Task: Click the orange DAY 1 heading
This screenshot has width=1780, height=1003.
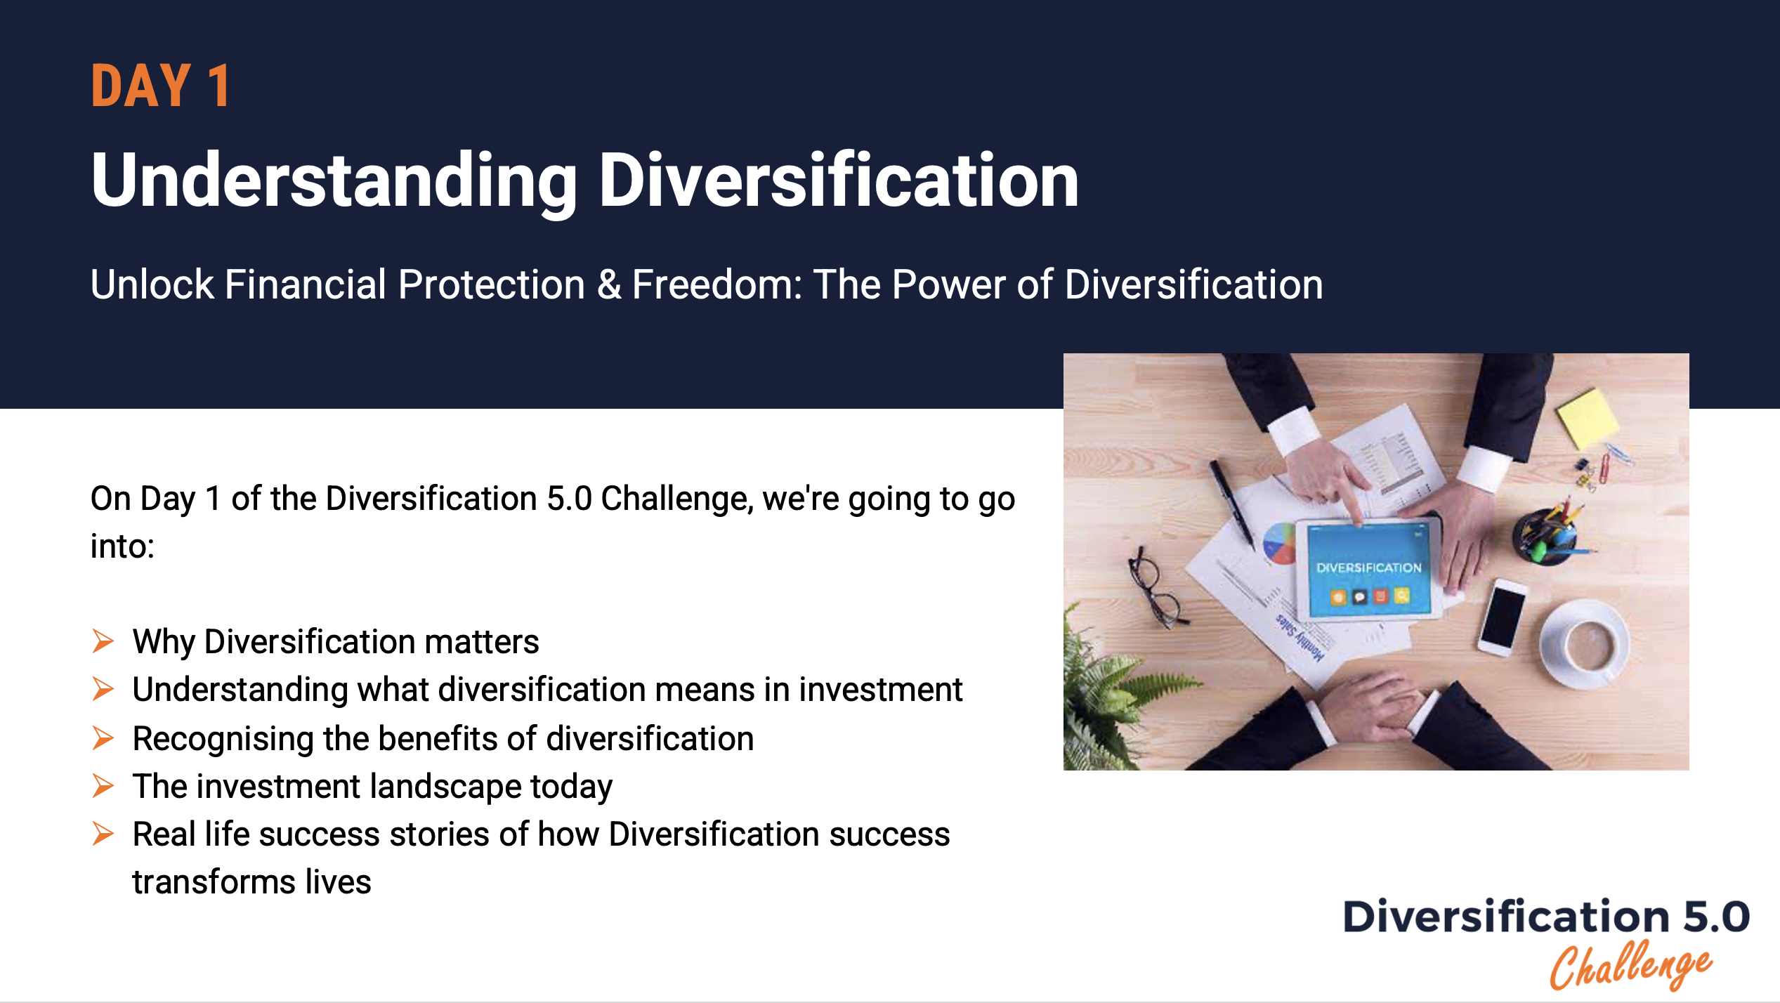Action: [x=160, y=86]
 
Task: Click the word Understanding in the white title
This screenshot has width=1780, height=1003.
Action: [x=334, y=181]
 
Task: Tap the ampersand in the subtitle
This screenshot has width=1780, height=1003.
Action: [x=608, y=284]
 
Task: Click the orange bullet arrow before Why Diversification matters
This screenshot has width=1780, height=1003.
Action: [x=103, y=641]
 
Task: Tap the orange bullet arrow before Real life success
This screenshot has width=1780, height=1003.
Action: [x=103, y=834]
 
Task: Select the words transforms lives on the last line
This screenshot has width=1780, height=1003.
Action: [x=251, y=881]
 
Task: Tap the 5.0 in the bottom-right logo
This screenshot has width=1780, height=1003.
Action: [x=1715, y=917]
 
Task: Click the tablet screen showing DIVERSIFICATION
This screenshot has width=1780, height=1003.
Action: [x=1368, y=569]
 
